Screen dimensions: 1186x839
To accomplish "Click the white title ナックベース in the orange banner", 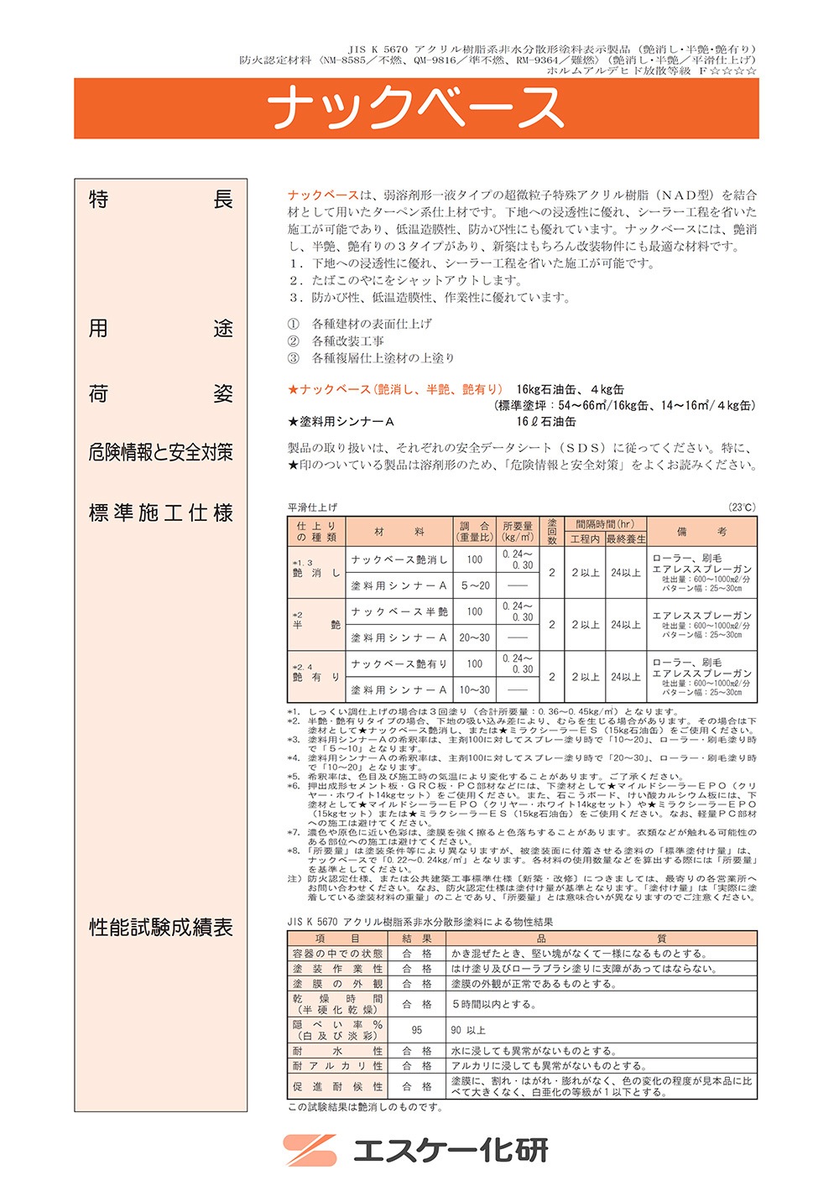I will (416, 108).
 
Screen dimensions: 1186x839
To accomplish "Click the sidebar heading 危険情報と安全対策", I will (160, 453).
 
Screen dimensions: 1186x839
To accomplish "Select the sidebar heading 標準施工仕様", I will (160, 513).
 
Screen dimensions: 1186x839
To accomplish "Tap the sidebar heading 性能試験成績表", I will (160, 928).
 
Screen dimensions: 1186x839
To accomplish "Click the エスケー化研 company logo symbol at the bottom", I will (310, 1150).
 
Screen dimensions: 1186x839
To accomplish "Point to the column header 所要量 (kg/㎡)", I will (518, 532).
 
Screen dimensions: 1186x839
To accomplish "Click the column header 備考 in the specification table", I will (701, 532).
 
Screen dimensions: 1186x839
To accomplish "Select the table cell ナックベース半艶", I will (399, 612).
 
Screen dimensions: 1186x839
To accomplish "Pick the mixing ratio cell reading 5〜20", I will (475, 586).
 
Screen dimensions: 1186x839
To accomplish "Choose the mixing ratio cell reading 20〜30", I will (475, 638).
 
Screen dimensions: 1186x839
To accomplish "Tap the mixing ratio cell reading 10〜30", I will (475, 690).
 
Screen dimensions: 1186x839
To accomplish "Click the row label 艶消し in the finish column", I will (316, 574).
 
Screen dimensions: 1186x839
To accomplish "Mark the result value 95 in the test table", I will (417, 1030).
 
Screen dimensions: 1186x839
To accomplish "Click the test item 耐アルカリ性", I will (337, 1066).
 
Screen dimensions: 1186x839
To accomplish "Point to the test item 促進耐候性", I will (337, 1087).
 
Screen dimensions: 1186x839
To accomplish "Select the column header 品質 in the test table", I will (602, 939).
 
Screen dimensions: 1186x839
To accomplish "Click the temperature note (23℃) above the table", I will (742, 507).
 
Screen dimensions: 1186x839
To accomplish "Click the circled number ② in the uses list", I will (293, 341).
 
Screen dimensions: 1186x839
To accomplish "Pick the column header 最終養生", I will (626, 539).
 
